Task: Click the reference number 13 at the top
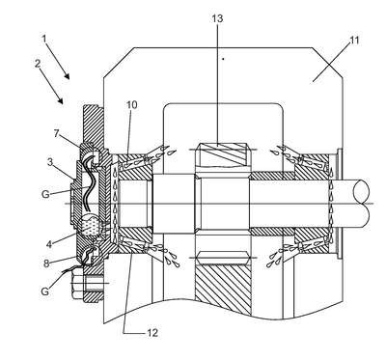tap(217, 18)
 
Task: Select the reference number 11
tap(354, 41)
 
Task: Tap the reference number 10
tap(131, 104)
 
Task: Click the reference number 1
tap(44, 39)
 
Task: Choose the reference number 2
tap(38, 64)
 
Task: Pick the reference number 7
tap(57, 133)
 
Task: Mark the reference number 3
tap(50, 162)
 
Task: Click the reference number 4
tap(49, 244)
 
